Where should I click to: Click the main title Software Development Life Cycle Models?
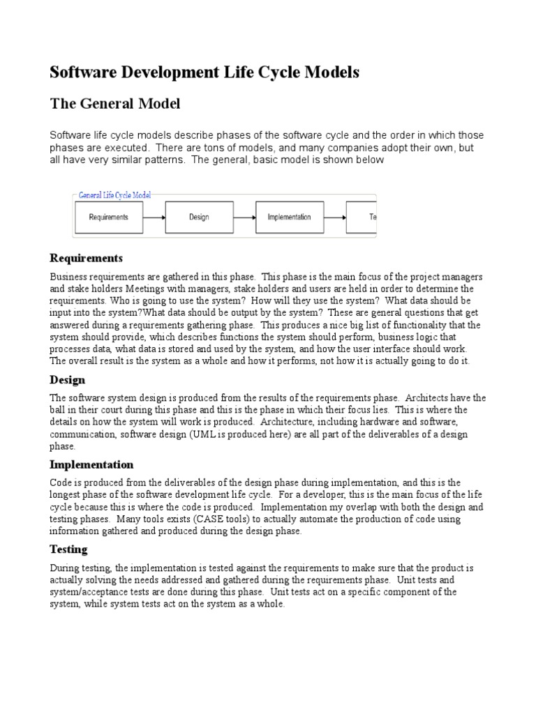pyautogui.click(x=204, y=72)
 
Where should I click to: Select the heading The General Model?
pyautogui.click(x=115, y=104)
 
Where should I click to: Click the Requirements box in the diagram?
pyautogui.click(x=108, y=217)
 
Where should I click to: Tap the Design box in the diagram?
pyautogui.click(x=199, y=217)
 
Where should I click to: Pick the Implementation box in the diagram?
pyautogui.click(x=289, y=217)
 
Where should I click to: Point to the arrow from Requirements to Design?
pyautogui.click(x=154, y=217)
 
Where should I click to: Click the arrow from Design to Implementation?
pyautogui.click(x=244, y=217)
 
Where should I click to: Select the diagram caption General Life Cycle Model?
pyautogui.click(x=114, y=196)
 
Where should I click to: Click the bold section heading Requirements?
pyautogui.click(x=86, y=259)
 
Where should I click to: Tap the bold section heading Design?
pyautogui.click(x=68, y=380)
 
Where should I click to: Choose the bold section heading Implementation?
pyautogui.click(x=91, y=464)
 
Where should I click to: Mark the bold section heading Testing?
pyautogui.click(x=68, y=549)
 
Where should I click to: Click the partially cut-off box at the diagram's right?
pyautogui.click(x=362, y=217)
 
